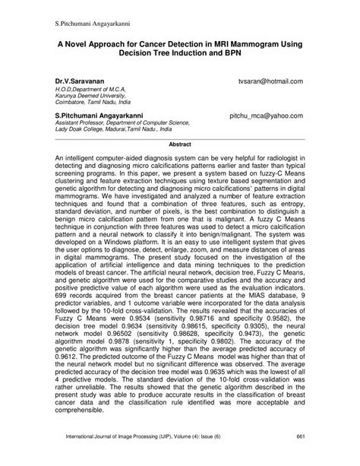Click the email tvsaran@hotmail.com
[270, 80]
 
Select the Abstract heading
[179, 142]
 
